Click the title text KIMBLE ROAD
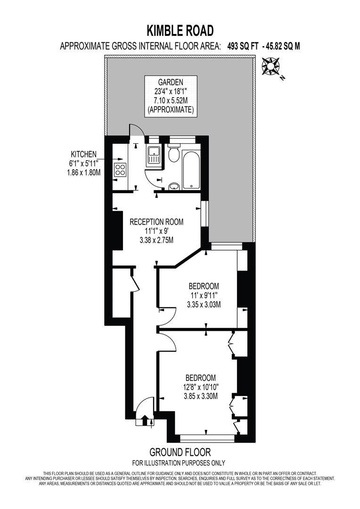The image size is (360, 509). click(180, 31)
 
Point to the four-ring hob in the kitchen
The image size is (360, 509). click(120, 169)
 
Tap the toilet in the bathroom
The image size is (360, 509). click(173, 153)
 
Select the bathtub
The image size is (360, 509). click(191, 169)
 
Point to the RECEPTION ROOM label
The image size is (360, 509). click(156, 222)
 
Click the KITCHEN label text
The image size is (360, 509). click(84, 154)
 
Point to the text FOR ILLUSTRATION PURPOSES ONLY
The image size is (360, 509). click(180, 463)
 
